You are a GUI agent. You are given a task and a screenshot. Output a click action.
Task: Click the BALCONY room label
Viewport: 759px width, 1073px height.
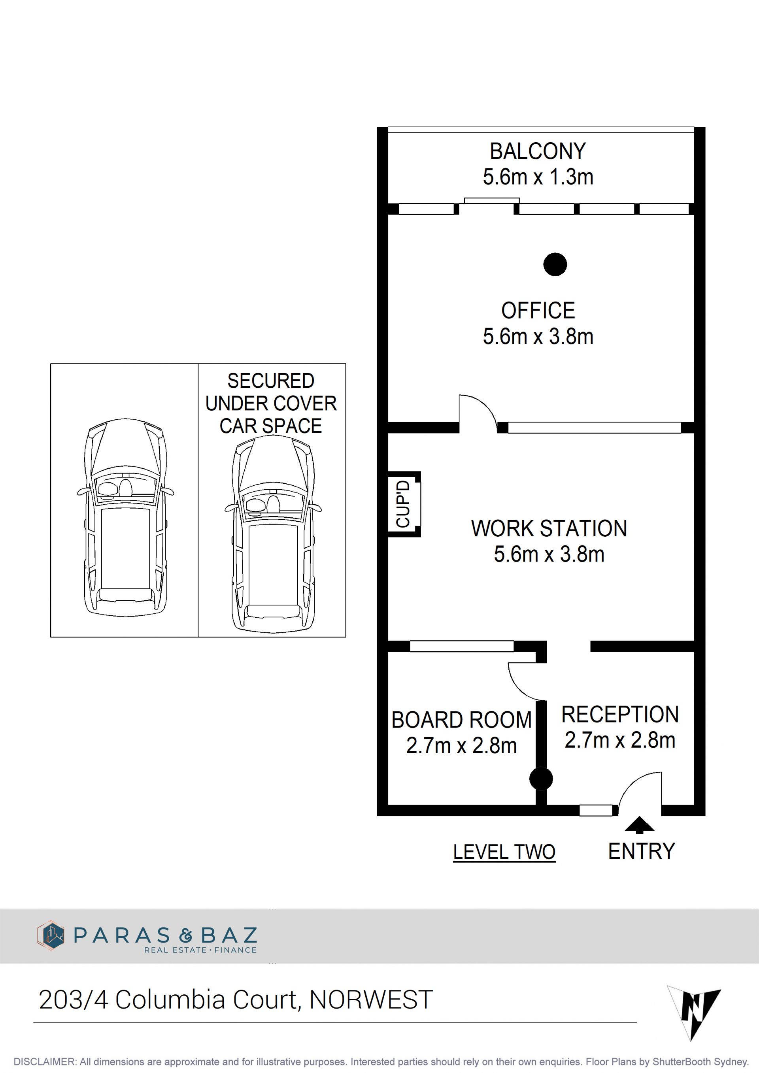click(538, 151)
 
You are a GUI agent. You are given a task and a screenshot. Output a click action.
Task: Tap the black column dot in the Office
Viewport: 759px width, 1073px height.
click(555, 264)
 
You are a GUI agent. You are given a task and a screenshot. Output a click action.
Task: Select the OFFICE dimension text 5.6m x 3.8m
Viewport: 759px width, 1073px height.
click(538, 336)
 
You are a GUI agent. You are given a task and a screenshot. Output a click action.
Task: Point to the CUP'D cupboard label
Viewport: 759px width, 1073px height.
click(403, 504)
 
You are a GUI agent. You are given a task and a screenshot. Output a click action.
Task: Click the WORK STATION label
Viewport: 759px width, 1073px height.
click(549, 528)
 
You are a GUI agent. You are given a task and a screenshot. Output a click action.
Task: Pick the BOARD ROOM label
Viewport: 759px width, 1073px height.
click(462, 720)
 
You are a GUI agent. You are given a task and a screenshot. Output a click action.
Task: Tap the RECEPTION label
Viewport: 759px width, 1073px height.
click(620, 715)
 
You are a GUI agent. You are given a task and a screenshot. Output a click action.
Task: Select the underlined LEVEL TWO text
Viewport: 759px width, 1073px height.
click(504, 852)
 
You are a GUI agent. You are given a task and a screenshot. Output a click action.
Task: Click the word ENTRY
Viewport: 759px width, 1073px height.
click(641, 851)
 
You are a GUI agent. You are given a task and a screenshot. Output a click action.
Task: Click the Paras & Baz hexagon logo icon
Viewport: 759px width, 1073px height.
click(51, 935)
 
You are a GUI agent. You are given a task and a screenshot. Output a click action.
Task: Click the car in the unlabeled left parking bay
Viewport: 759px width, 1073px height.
click(125, 518)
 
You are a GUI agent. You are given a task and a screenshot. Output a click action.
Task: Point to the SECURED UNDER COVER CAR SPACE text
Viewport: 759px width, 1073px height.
click(271, 403)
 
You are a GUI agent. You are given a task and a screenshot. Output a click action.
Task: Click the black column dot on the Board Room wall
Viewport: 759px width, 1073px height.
click(541, 779)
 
